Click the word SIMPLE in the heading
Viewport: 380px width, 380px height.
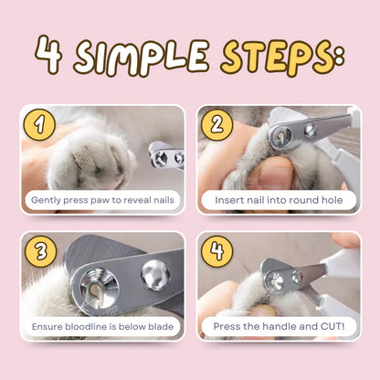coord(142,58)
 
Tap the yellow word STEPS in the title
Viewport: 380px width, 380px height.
coord(274,57)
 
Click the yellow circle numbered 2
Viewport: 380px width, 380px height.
coord(216,121)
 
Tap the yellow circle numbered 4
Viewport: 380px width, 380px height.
coord(216,250)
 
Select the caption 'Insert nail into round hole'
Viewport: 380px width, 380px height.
coord(278,199)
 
